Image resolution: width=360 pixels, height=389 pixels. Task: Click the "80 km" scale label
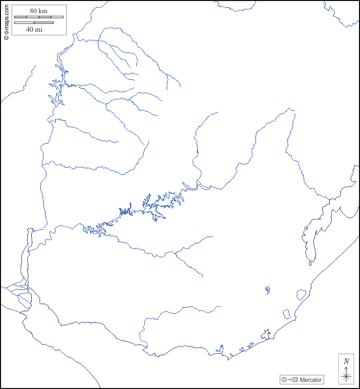39,11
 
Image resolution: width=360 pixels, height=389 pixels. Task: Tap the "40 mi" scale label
34,29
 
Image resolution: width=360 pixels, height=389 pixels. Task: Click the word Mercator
311,379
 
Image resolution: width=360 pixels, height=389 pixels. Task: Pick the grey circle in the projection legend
284,379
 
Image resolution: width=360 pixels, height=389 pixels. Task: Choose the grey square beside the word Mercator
295,379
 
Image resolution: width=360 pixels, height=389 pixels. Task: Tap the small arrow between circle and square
289,379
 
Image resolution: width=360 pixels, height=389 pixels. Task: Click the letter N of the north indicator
346,361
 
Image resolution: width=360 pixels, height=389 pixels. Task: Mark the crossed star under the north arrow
346,376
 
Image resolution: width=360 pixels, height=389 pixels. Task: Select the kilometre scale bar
39,17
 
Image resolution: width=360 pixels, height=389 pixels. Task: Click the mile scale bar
34,23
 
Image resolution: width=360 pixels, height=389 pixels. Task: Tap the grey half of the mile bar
44,23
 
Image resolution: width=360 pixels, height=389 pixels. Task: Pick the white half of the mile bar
24,23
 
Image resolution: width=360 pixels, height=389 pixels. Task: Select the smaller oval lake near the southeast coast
287,314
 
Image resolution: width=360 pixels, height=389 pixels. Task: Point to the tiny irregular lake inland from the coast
267,290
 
